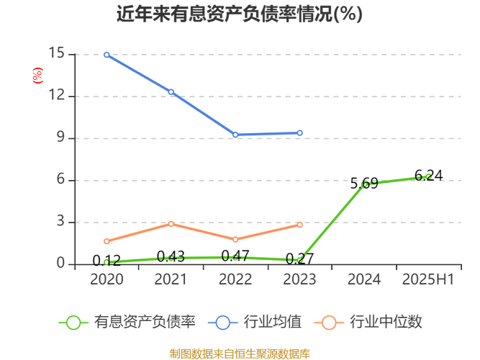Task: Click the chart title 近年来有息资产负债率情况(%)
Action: tap(240, 14)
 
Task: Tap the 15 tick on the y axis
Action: tap(57, 54)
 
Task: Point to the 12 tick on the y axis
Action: tap(57, 96)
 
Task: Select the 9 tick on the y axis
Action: tap(60, 138)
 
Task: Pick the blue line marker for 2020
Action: tap(107, 55)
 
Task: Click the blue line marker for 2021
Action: tap(171, 92)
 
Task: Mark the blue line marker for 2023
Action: tap(299, 132)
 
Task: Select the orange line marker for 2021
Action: tap(171, 224)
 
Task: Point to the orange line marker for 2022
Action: tap(235, 240)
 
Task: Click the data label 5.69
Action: tap(364, 184)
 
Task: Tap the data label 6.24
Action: tap(428, 176)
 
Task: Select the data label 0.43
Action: tap(171, 256)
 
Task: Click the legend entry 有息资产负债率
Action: tap(128, 322)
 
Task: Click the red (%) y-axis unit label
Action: tap(37, 74)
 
